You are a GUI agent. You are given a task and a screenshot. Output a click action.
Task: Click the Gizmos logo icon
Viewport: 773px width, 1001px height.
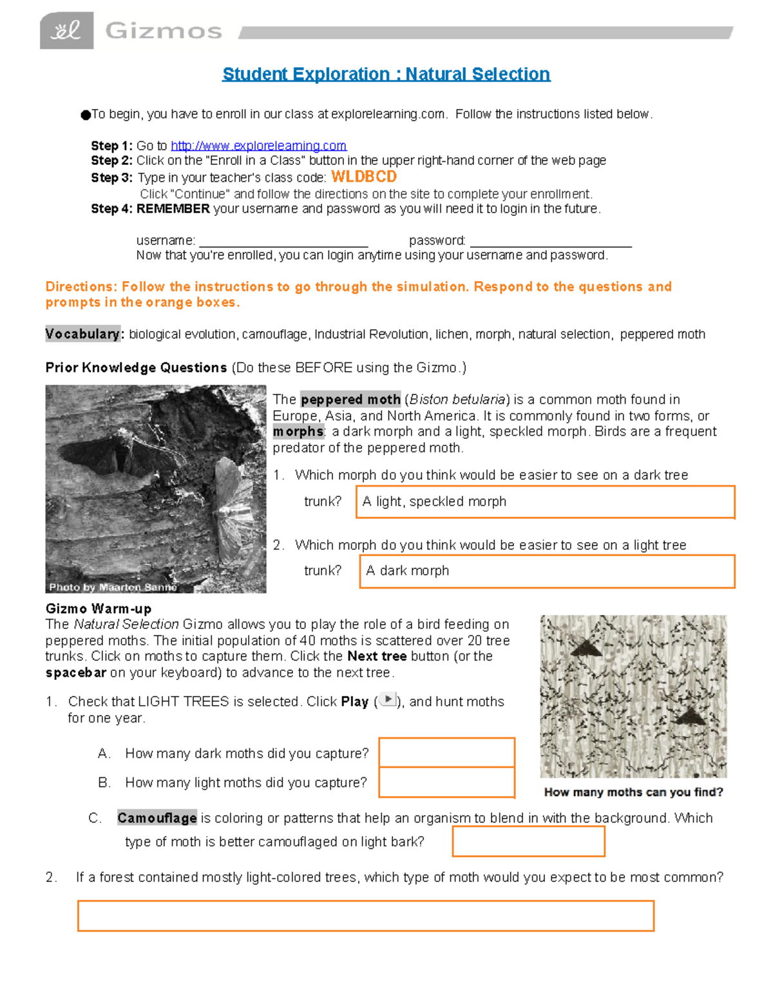coord(66,30)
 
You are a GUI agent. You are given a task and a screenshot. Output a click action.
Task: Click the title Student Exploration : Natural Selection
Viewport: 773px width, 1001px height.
coord(386,74)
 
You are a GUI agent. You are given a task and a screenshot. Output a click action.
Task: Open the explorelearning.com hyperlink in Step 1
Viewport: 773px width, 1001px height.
coord(258,146)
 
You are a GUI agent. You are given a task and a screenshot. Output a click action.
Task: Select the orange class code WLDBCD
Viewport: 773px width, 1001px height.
coord(364,177)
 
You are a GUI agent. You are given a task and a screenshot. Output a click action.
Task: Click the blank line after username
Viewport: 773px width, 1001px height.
coord(283,242)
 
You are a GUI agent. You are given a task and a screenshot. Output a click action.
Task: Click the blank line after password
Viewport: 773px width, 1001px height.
coord(551,242)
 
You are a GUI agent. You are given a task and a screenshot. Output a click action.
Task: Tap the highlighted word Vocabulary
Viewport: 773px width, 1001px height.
coord(82,334)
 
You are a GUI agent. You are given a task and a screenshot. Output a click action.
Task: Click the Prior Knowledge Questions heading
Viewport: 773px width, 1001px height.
coord(136,367)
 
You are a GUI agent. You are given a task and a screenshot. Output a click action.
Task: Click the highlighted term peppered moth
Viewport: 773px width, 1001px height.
coord(350,400)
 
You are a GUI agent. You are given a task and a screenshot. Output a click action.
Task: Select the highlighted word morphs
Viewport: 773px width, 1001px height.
coord(298,431)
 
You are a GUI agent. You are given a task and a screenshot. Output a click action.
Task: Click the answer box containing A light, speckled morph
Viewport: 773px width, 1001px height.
coord(545,501)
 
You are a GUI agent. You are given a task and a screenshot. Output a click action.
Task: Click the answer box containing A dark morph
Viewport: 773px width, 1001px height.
coord(547,571)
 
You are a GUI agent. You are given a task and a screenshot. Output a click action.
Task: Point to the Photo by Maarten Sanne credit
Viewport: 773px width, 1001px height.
coord(113,587)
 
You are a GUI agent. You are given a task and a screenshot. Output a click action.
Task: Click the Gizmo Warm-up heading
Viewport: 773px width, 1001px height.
coord(99,608)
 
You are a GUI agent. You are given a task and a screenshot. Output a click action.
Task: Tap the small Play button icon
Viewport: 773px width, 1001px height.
coord(388,699)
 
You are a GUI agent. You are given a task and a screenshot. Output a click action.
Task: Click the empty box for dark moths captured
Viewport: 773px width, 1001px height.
coord(446,752)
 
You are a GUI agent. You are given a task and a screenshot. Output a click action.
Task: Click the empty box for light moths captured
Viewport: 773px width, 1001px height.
coord(446,782)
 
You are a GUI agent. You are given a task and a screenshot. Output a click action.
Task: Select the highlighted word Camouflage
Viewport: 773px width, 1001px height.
coord(157,818)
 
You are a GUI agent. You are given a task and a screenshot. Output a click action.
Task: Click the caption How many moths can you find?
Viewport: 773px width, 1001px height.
coord(633,792)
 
